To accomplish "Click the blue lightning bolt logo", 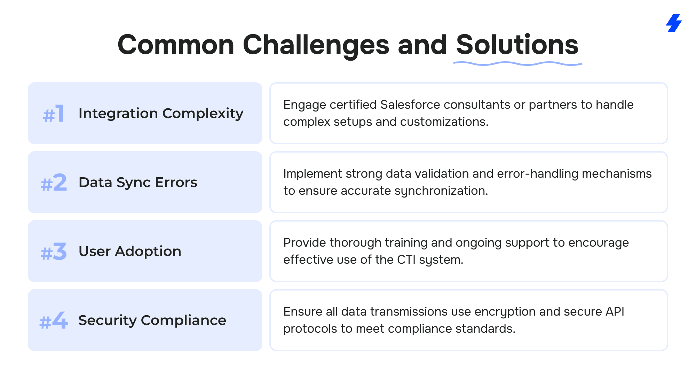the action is coord(674,23).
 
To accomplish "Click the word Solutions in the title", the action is coord(517,45).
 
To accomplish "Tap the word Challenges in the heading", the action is coord(316,45).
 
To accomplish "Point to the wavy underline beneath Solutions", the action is coord(518,63).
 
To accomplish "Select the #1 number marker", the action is coord(54,114).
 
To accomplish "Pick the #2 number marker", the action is coord(54,183).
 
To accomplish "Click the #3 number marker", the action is coord(54,252).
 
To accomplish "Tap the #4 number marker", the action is coord(54,320).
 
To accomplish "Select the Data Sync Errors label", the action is coord(138,183).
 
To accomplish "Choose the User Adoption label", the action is coord(130,251).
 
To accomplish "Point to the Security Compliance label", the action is coord(152,320).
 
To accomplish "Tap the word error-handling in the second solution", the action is coord(538,173).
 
